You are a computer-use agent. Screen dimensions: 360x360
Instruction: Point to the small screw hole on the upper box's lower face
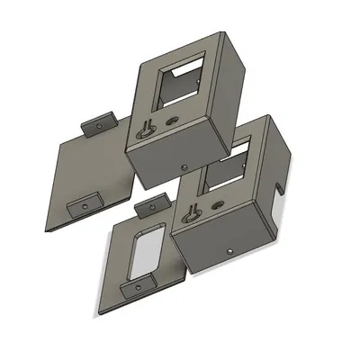(x=185, y=166)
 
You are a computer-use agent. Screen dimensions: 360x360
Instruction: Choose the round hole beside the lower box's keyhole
(x=217, y=203)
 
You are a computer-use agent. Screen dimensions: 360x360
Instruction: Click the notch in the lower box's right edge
(x=282, y=188)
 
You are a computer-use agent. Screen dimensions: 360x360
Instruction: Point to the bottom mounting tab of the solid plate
(x=87, y=203)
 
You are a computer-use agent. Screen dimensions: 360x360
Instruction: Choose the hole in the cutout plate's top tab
(x=148, y=210)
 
